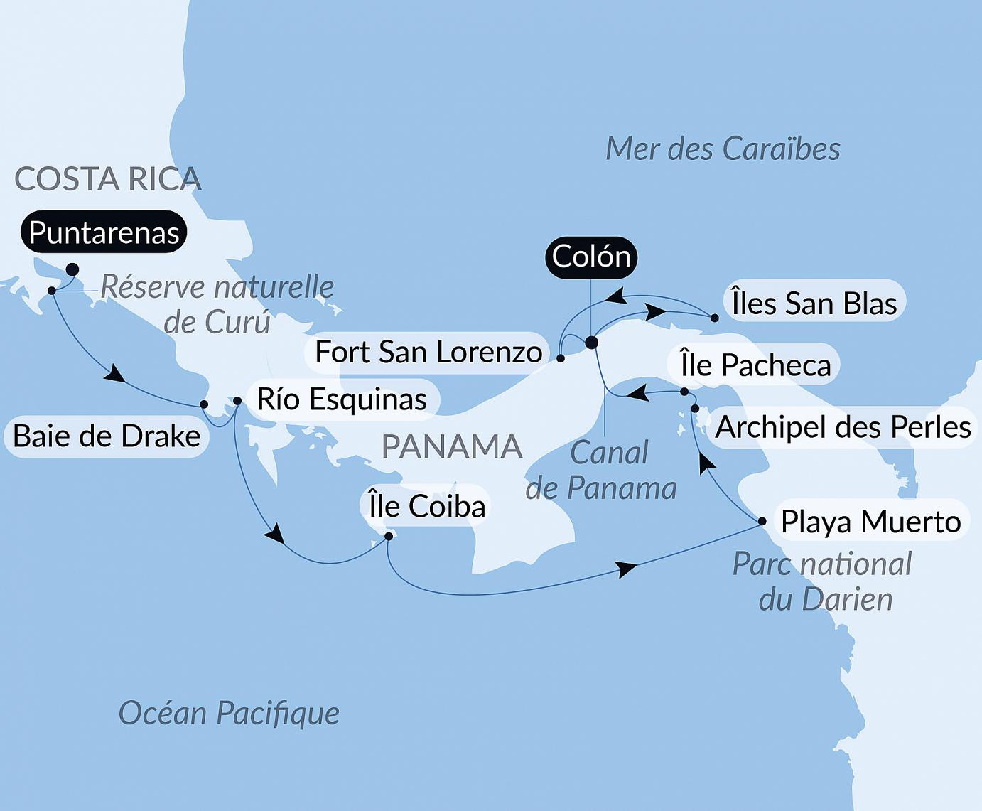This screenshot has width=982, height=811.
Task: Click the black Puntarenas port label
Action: tap(104, 232)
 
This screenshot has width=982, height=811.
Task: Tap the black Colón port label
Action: tap(591, 257)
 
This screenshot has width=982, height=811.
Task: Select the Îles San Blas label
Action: tap(814, 304)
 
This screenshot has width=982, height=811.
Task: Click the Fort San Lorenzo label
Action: tap(428, 352)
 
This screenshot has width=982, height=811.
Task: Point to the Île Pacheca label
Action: tap(755, 365)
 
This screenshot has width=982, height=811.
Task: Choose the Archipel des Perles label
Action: tap(843, 427)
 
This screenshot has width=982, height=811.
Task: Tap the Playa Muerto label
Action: tap(870, 522)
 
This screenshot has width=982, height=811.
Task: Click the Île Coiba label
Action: tap(426, 506)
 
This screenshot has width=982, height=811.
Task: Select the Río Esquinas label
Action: tap(341, 399)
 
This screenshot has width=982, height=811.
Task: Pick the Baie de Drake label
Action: tap(107, 436)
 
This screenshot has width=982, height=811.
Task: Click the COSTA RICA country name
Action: tap(108, 179)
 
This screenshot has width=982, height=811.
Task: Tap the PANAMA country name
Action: tap(452, 447)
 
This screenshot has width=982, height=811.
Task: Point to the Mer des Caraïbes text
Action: tap(723, 149)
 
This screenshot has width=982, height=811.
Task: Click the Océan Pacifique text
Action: tap(229, 713)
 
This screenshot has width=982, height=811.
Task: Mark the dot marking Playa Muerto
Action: tap(762, 522)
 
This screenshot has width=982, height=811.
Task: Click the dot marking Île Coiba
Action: tap(389, 537)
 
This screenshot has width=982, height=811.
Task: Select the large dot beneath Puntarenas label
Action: tap(72, 269)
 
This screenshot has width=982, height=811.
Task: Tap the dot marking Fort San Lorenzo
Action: tap(561, 359)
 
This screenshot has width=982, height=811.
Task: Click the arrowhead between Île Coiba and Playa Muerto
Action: tap(626, 569)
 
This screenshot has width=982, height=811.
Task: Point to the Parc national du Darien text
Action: tap(823, 581)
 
